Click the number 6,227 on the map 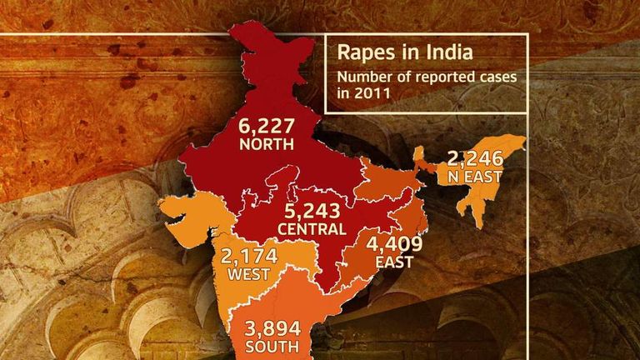coord(267,127)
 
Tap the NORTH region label coord(267,144)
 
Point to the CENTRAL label coord(312,229)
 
